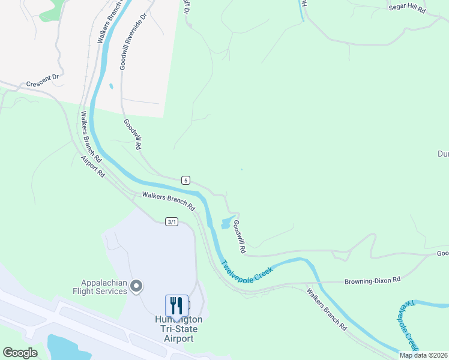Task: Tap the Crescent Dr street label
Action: coord(42,80)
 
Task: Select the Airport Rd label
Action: coord(93,166)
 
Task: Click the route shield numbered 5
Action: coord(186,180)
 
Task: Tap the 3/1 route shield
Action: coord(172,222)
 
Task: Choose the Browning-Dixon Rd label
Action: coord(372,280)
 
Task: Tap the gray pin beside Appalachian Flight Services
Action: coord(137,286)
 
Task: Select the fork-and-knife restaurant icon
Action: coord(176,305)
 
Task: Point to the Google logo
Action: coord(20,353)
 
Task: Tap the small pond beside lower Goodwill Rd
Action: coord(226,223)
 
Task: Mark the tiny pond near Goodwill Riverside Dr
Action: coord(111,86)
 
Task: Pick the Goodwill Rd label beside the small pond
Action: coord(240,236)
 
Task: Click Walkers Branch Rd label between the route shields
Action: coord(169,200)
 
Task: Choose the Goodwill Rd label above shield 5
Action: coord(133,134)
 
